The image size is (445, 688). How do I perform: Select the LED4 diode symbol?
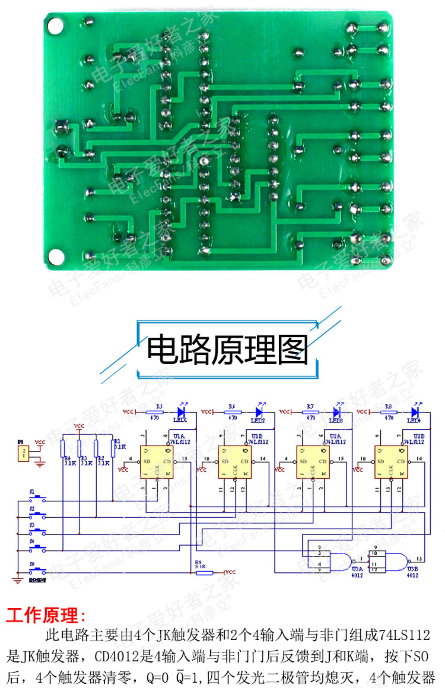click(415, 412)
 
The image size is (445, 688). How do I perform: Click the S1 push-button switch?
click(37, 499)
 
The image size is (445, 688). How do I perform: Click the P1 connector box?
click(23, 453)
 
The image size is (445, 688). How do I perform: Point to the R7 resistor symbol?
click(310, 412)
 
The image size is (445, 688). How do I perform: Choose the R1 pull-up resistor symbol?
click(113, 449)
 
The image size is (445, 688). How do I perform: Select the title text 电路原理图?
click(227, 350)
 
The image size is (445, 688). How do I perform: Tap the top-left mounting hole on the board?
click(55, 26)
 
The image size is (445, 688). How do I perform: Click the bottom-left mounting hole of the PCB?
click(56, 257)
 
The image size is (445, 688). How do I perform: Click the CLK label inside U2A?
click(312, 470)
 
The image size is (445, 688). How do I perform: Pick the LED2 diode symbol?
click(259, 412)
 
